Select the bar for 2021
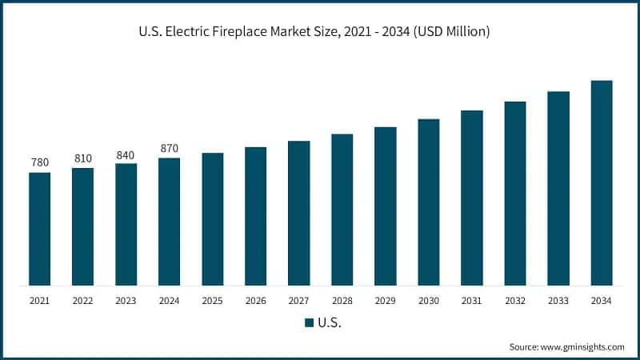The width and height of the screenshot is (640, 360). click(39, 228)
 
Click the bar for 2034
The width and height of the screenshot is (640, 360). click(601, 182)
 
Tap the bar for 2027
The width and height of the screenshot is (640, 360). click(298, 213)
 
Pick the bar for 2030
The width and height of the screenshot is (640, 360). click(428, 202)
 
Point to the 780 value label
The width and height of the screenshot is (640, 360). click(39, 162)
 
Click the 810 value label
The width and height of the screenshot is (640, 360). click(82, 158)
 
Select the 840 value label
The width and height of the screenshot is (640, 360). click(126, 154)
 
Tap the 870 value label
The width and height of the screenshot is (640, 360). click(169, 148)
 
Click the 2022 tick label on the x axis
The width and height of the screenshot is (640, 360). click(82, 301)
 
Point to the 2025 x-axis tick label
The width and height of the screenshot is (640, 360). click(212, 301)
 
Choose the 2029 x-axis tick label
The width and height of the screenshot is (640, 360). click(385, 301)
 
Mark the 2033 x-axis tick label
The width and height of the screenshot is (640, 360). click(558, 301)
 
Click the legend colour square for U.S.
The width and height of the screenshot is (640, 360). click(308, 323)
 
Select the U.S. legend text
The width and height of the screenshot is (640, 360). click(330, 323)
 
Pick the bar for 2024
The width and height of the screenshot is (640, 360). click(169, 222)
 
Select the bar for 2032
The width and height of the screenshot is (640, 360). click(514, 193)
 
